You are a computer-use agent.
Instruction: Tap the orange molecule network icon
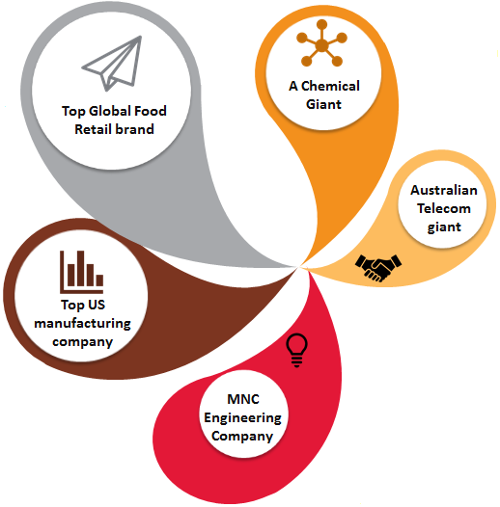click(321, 43)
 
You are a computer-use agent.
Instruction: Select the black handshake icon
click(378, 267)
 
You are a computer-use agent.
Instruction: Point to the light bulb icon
click(296, 351)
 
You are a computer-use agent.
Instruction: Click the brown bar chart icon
click(82, 272)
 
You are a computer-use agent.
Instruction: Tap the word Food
click(151, 111)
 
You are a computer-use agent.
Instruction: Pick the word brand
click(135, 129)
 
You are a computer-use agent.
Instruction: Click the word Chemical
click(330, 86)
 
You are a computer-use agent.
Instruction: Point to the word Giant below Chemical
click(323, 104)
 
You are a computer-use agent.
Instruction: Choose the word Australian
click(444, 190)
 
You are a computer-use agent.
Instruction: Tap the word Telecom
click(444, 208)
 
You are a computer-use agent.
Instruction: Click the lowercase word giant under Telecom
click(444, 227)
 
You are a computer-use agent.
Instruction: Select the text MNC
click(243, 399)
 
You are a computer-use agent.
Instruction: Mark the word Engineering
click(242, 418)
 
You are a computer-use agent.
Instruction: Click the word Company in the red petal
click(242, 437)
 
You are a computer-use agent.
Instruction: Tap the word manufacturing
click(83, 323)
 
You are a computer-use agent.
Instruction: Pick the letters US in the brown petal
click(97, 305)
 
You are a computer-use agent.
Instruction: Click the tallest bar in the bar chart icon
click(81, 268)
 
